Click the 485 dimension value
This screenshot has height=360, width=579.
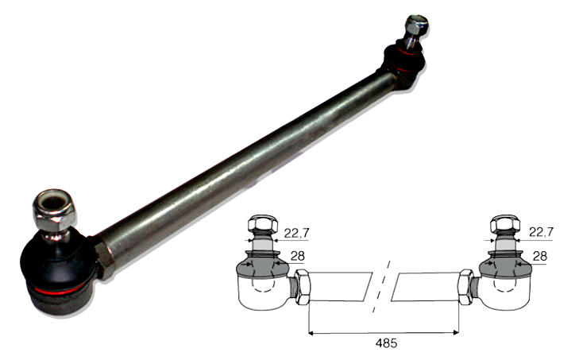[x=384, y=344]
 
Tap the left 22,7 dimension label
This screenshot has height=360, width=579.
[x=295, y=233]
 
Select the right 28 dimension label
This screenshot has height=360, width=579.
[x=540, y=255]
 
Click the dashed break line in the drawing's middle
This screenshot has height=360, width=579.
[x=384, y=286]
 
